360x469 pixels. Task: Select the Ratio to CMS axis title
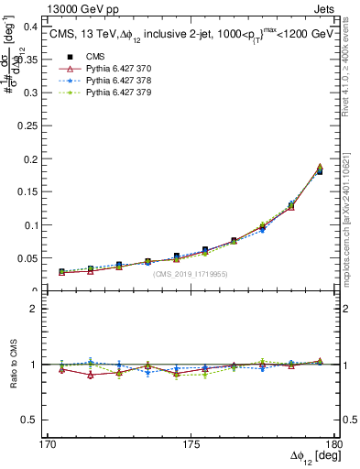tap(14, 365)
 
